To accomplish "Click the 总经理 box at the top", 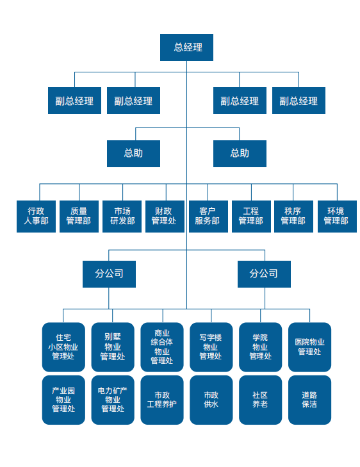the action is (x=186, y=47).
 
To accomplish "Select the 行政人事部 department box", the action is (x=36, y=217).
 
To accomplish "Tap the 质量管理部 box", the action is (x=79, y=217).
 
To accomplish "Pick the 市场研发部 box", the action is (x=122, y=217).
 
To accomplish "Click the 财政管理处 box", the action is (x=165, y=217).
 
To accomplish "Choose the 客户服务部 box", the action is (x=208, y=217).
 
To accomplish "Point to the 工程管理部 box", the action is (x=251, y=217).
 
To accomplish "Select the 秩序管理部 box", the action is (x=293, y=217).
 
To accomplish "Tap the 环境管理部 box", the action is (x=337, y=217).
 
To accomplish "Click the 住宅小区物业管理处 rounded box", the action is (x=63, y=347).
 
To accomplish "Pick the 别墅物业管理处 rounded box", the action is (x=113, y=347).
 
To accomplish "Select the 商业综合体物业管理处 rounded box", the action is (x=162, y=347).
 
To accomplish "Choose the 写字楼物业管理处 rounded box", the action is (x=211, y=347).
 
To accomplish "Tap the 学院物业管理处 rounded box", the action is (x=260, y=347).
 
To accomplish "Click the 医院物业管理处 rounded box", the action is (x=309, y=347).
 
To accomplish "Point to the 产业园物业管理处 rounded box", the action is (x=63, y=400).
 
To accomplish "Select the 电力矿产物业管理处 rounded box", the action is (x=113, y=400).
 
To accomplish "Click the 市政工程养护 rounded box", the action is (x=162, y=400).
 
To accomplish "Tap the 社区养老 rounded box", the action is (x=260, y=400).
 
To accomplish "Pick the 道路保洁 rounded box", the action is (x=309, y=400).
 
